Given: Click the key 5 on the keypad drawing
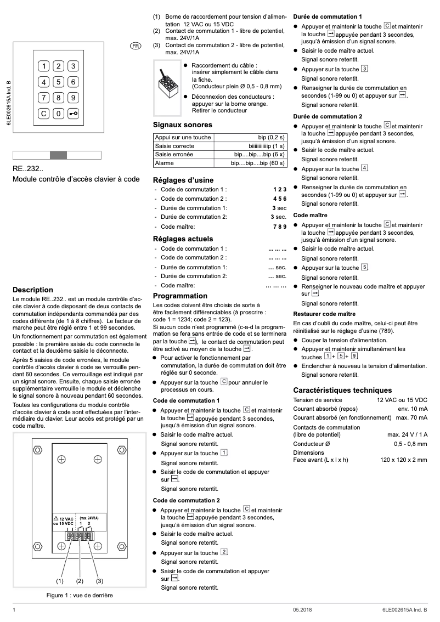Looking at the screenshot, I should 58,82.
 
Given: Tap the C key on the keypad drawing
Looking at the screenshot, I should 43,114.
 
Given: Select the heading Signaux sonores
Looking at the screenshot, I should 182,125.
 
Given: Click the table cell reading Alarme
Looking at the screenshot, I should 165,163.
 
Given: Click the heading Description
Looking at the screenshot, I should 33,290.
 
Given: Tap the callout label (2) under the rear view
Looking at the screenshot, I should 80,580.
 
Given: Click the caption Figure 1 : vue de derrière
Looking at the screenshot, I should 80,595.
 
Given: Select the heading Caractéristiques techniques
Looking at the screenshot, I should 342,390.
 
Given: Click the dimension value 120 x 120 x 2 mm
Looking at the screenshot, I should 403,460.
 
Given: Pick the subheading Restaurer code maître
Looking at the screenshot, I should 324,314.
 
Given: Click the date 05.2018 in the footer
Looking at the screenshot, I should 302,610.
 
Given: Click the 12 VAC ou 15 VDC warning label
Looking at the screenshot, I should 63,521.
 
